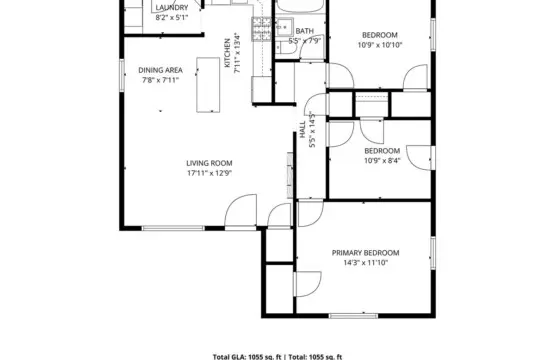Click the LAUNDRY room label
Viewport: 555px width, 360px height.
[x=172, y=7]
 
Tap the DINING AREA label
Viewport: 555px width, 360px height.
[x=160, y=70]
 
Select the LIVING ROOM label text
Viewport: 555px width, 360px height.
[x=209, y=163]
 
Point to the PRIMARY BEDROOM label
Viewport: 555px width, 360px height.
[x=365, y=253]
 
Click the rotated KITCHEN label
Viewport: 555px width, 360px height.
[x=228, y=53]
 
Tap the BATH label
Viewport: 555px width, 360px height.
[x=304, y=31]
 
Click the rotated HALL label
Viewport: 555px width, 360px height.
[x=303, y=130]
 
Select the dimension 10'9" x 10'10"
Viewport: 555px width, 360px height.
[x=380, y=45]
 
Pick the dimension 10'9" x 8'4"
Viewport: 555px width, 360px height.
[x=382, y=160]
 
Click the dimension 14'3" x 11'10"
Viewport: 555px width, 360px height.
[x=366, y=263]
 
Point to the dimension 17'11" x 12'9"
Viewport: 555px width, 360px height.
[x=210, y=173]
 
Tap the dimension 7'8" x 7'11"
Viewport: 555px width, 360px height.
[x=160, y=80]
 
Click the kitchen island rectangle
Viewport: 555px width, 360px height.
[x=208, y=85]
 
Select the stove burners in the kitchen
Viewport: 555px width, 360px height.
[x=262, y=28]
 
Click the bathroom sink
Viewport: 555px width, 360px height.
[x=284, y=27]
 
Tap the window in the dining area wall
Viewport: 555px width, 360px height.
[x=122, y=75]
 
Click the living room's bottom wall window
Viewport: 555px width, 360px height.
[x=173, y=228]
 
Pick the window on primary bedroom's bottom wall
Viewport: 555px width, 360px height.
[x=353, y=315]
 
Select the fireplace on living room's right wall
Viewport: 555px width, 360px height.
[x=290, y=175]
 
